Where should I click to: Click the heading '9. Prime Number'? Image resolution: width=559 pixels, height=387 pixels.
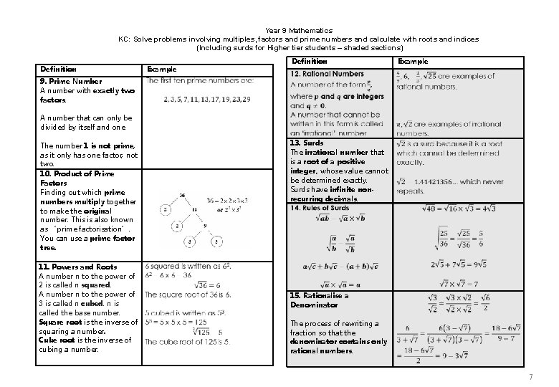coord(70,81)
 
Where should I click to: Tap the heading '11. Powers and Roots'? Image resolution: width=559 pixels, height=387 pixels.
coord(77,267)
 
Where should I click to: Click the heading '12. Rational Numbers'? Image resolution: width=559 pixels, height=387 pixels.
coord(327,74)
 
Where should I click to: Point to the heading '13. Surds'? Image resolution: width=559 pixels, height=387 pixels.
coord(307,143)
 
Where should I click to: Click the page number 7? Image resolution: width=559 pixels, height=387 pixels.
coord(530,377)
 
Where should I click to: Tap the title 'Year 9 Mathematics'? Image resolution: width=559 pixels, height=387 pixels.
coord(298,31)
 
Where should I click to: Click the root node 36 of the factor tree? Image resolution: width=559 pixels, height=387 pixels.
coord(183,194)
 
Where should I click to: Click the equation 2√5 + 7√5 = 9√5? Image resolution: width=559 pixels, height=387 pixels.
coord(459,264)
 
